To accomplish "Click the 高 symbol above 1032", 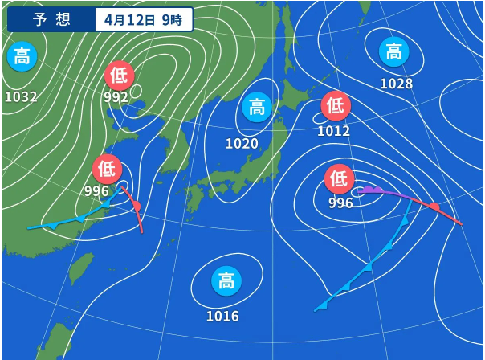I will pyautogui.click(x=22, y=57).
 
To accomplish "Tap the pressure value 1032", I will pyautogui.click(x=21, y=97).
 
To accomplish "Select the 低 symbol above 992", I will pyautogui.click(x=120, y=76).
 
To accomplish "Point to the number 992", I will pyautogui.click(x=116, y=97).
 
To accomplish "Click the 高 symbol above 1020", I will pyautogui.click(x=257, y=107).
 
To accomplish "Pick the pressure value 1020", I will pyautogui.click(x=242, y=144).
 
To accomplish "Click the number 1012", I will pyautogui.click(x=333, y=130).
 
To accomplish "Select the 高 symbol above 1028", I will pyautogui.click(x=393, y=52).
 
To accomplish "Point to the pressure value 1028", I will pyautogui.click(x=396, y=84).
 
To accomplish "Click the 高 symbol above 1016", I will pyautogui.click(x=226, y=281).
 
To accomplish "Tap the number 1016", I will pyautogui.click(x=222, y=316).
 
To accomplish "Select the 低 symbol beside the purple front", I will pyautogui.click(x=340, y=178).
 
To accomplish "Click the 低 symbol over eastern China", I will pyautogui.click(x=107, y=169).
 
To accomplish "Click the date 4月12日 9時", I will pyautogui.click(x=143, y=20).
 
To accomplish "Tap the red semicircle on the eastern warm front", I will pyautogui.click(x=434, y=208).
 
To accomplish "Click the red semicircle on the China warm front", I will pyautogui.click(x=136, y=207).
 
